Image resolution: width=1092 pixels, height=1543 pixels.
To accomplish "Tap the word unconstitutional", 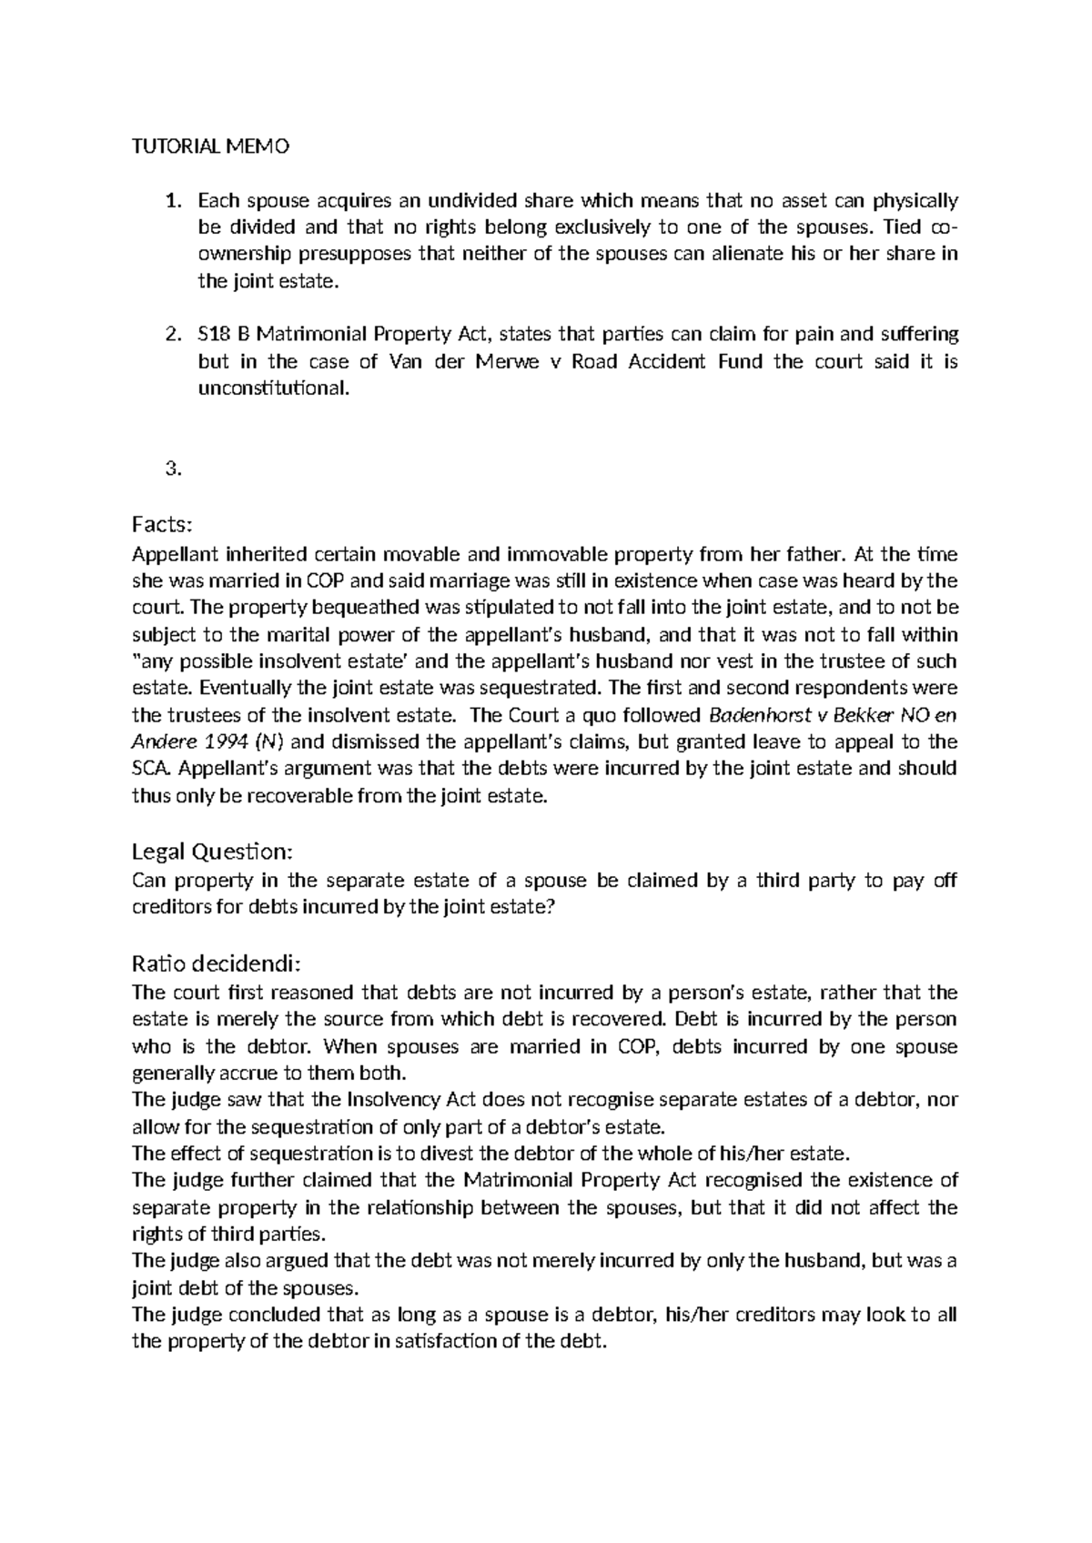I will coord(272,388).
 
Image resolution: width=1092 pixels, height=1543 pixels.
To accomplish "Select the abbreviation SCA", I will coord(151,769).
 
